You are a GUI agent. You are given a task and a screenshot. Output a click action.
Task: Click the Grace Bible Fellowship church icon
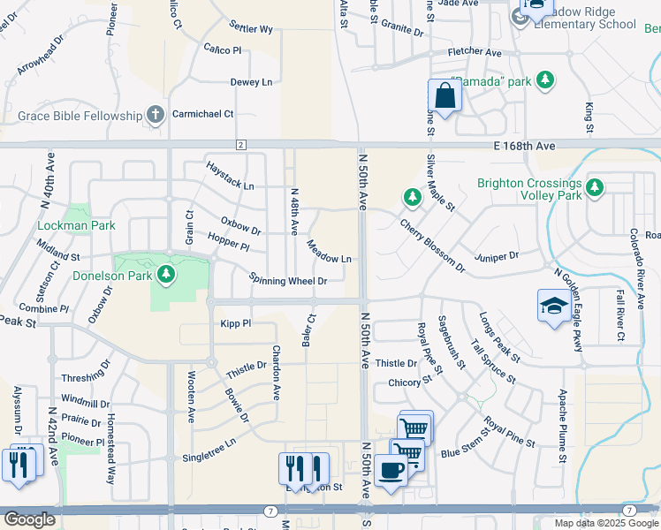(x=156, y=115)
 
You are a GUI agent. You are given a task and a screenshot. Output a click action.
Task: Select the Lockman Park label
(x=77, y=225)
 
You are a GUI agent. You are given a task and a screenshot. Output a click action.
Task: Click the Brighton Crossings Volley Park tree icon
(x=596, y=188)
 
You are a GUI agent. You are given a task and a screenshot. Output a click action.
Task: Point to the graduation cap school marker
(x=554, y=306)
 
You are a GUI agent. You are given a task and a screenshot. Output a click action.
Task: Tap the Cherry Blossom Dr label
(x=431, y=245)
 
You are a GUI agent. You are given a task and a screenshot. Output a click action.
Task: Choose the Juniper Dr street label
(x=496, y=255)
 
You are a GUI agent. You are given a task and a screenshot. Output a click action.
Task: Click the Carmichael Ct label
(x=202, y=114)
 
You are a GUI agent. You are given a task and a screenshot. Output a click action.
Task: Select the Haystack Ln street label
(x=230, y=175)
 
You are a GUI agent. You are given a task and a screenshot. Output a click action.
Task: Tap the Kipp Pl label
(x=236, y=324)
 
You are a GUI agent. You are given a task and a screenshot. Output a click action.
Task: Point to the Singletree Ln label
(x=209, y=451)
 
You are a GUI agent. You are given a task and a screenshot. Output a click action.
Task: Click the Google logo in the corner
(x=29, y=519)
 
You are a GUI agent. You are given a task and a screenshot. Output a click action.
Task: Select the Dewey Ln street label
(x=251, y=82)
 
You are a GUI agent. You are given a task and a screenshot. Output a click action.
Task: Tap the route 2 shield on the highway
(x=240, y=144)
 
